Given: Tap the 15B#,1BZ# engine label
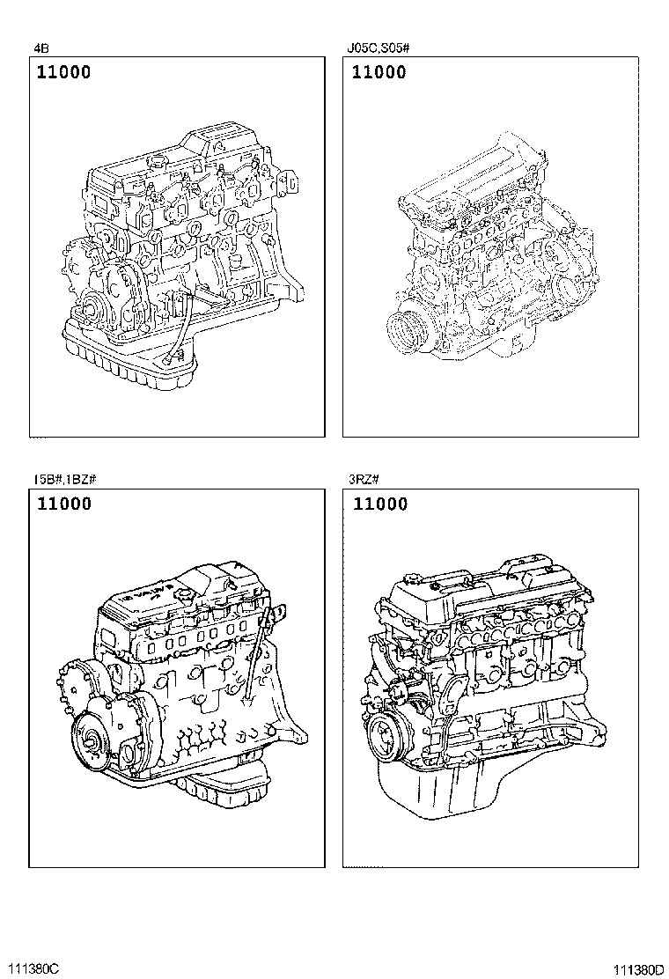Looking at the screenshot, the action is pyautogui.click(x=65, y=479).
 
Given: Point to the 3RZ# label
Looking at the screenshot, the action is pyautogui.click(x=364, y=479).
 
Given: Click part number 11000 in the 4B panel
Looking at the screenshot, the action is pyautogui.click(x=63, y=72).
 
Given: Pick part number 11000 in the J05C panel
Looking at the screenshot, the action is pyautogui.click(x=379, y=72).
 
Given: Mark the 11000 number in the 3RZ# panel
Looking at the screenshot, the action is pyautogui.click(x=380, y=504).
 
